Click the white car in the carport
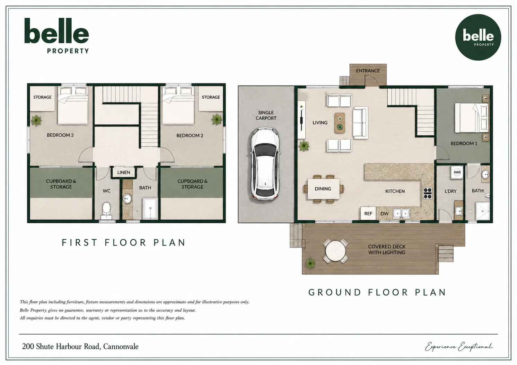pos(265,164)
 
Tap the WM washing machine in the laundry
pos(457,172)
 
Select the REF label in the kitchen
pos(368,214)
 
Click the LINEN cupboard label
pos(124,172)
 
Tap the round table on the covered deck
pos(335,251)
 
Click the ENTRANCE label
pos(368,71)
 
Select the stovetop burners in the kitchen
pos(428,193)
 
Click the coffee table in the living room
pos(340,123)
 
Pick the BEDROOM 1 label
pos(464,143)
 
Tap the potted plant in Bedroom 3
pos(36,120)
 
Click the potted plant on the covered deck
pos(310,263)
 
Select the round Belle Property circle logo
pos(478,37)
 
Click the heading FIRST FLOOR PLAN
pos(123,242)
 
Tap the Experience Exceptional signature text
pos(459,347)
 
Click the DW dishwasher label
pos(385,214)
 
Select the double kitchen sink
pos(402,213)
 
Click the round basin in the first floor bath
pos(127,198)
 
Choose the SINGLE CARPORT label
pos(266,115)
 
